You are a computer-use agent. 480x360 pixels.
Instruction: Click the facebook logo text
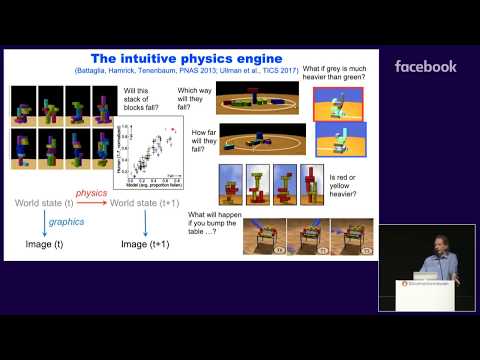pos(426,67)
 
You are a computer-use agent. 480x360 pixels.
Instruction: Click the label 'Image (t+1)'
pos(146,243)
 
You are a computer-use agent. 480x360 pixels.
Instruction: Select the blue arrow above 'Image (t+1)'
pos(146,225)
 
